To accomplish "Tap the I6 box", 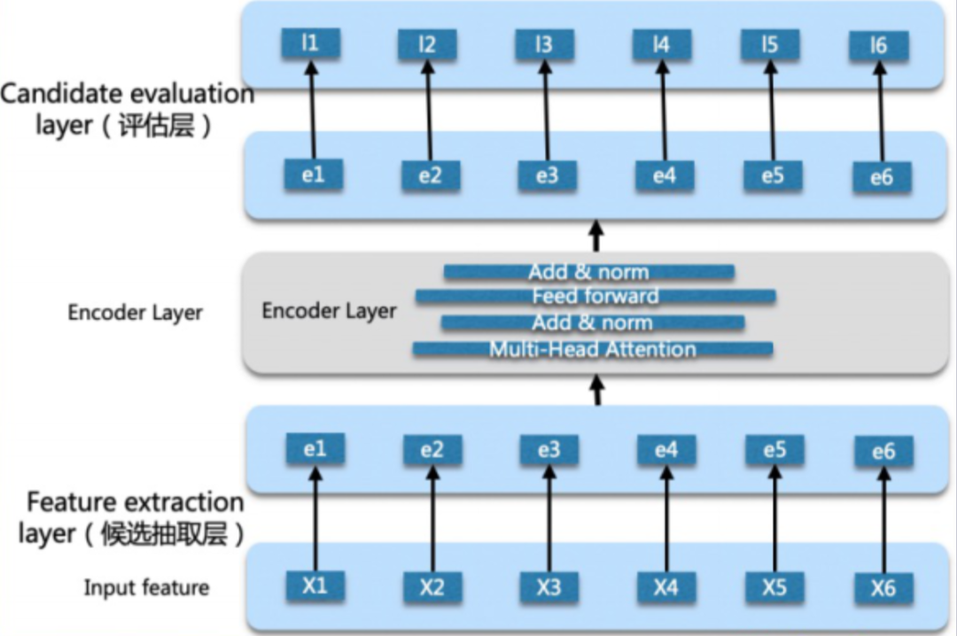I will point(879,45).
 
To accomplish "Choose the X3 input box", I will point(549,587).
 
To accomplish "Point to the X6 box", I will point(883,588).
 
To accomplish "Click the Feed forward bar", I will point(595,296).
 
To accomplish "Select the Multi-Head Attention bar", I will point(593,349).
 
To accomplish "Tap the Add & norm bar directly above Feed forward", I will point(588,272).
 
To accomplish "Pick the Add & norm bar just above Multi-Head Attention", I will point(592,322).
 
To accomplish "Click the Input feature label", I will point(147,587).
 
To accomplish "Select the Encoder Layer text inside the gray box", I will point(329,312).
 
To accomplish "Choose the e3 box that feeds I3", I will point(548,175).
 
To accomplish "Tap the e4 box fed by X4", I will point(665,451).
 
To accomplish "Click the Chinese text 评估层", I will point(156,125).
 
